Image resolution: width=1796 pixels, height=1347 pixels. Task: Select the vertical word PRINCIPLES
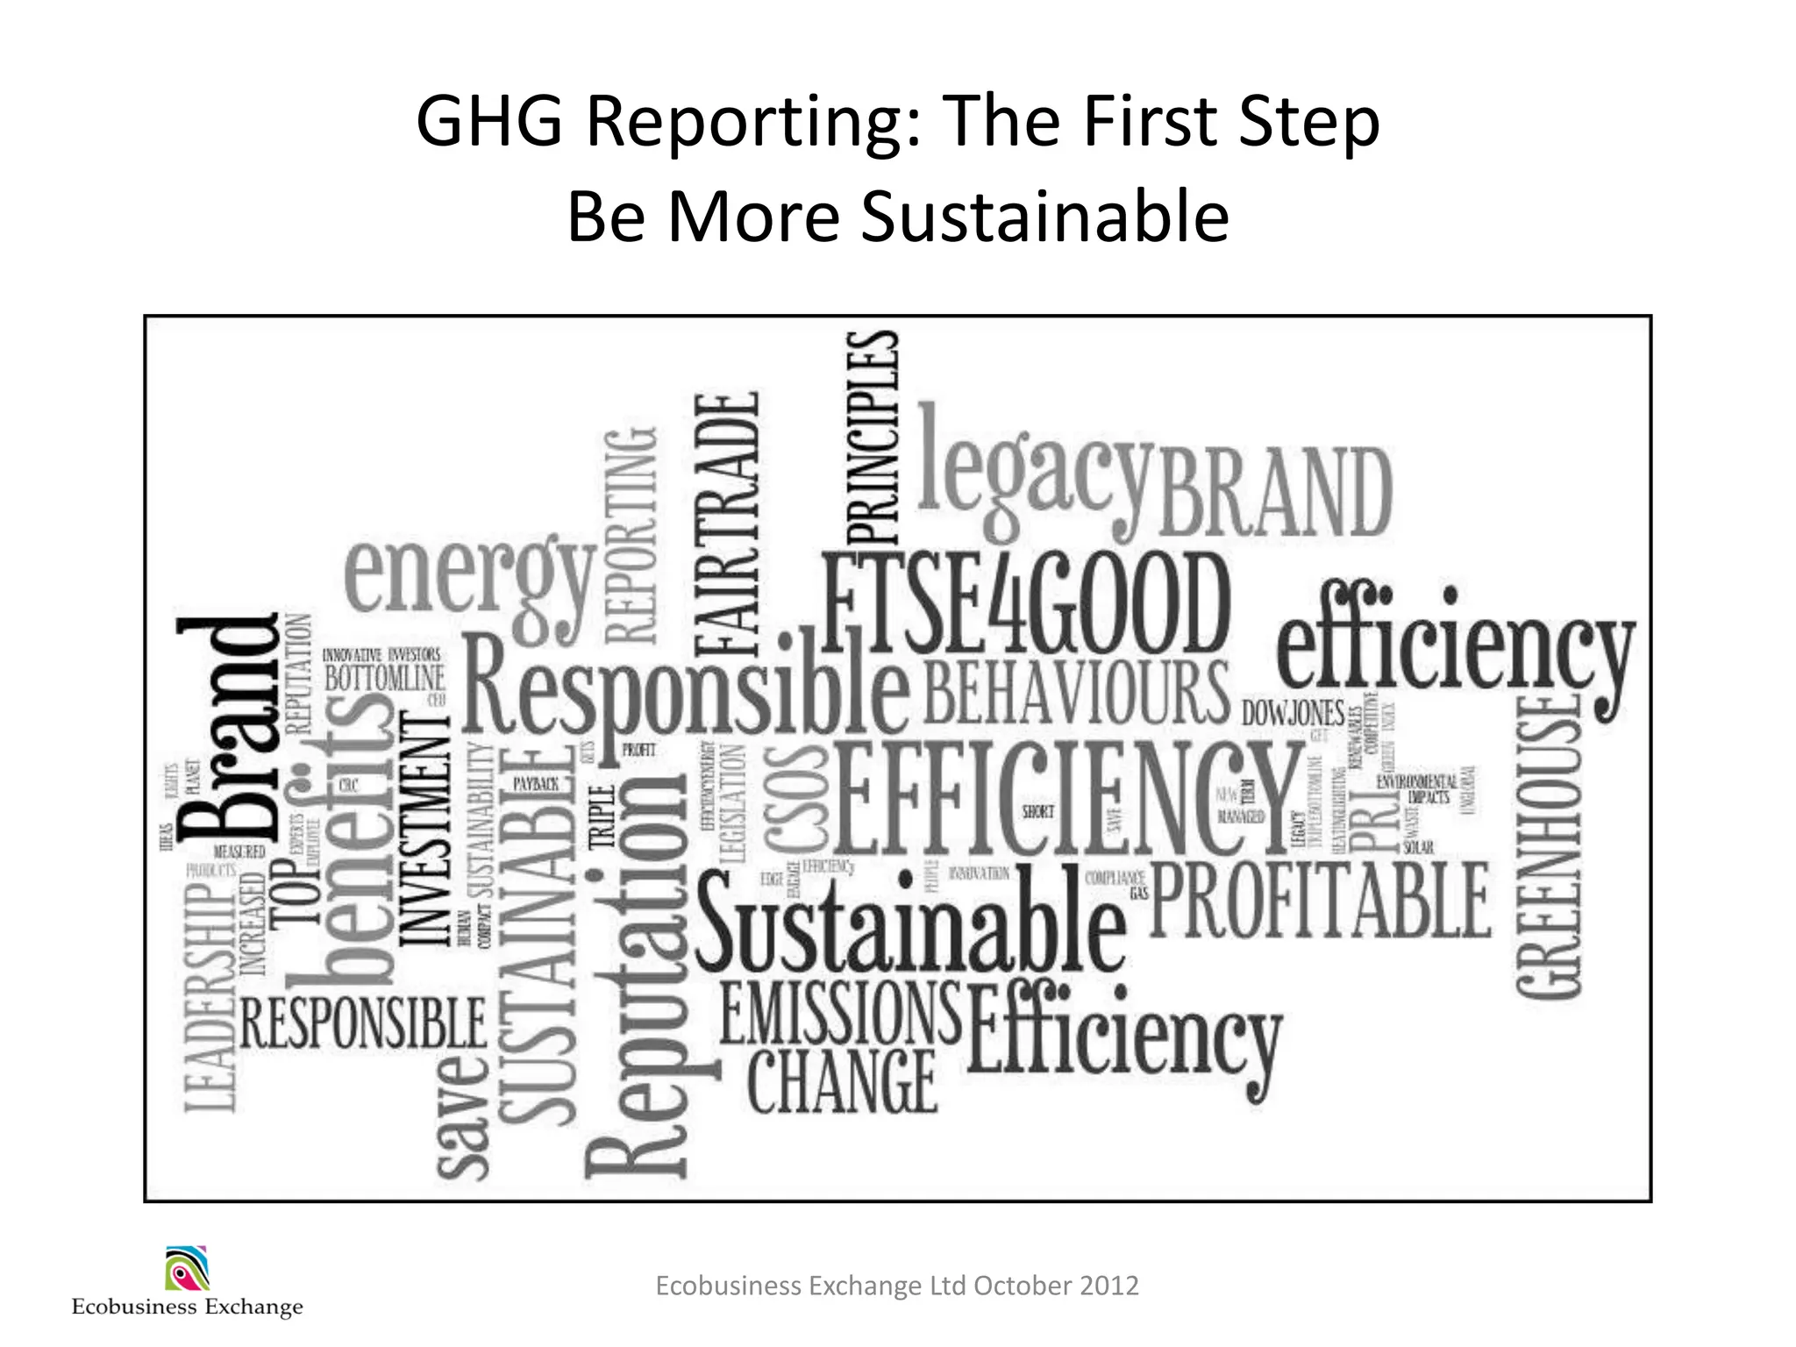pyautogui.click(x=873, y=438)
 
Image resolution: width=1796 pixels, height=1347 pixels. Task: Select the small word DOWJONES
pyautogui.click(x=1293, y=713)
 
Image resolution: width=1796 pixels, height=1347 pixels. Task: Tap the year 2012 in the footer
pyautogui.click(x=1109, y=1286)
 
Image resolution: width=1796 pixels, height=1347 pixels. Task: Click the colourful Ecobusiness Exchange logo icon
pyautogui.click(x=187, y=1269)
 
